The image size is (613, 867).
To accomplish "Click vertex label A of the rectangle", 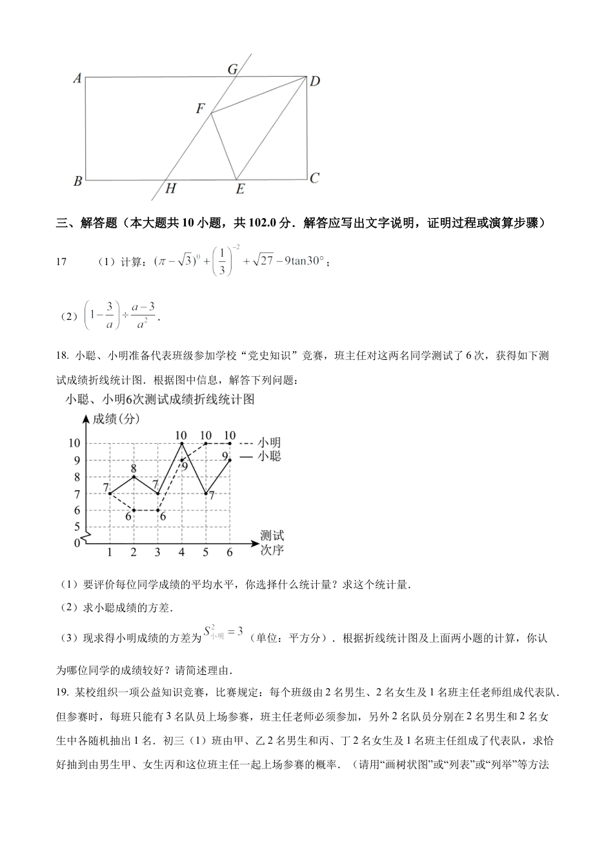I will (x=77, y=79).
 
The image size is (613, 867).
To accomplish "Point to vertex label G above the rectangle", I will (x=233, y=69).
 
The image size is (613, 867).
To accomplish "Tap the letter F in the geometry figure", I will (x=201, y=109).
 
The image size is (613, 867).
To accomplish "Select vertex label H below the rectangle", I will (x=170, y=188).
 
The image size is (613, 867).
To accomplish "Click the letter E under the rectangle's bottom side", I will (x=240, y=188).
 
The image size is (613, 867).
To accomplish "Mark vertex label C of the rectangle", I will (x=314, y=178).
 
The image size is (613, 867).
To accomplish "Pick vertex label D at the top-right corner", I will (x=315, y=81).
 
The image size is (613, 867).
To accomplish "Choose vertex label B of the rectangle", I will (x=77, y=181).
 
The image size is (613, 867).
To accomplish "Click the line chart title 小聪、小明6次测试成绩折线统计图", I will (x=160, y=399).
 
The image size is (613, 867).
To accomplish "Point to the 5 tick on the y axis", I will (x=77, y=527).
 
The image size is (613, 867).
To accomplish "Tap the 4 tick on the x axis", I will (x=181, y=552).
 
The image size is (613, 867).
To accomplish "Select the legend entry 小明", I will (x=269, y=443).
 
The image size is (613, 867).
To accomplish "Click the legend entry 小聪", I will (x=269, y=456).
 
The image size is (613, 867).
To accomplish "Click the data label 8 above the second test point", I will (x=134, y=468).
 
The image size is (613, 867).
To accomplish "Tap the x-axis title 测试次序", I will (x=272, y=543).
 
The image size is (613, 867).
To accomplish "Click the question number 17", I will (x=62, y=262).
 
